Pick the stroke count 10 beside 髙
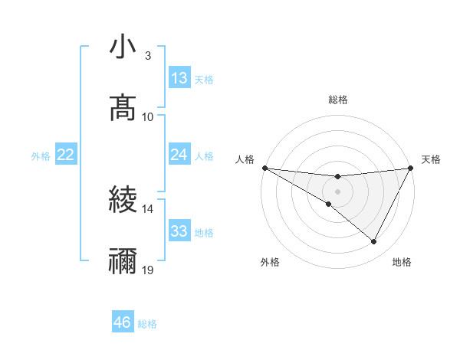pyautogui.click(x=148, y=116)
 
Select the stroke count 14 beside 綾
pyautogui.click(x=148, y=208)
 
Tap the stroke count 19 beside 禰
pyautogui.click(x=148, y=270)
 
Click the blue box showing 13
pyautogui.click(x=179, y=78)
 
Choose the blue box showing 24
pyautogui.click(x=179, y=155)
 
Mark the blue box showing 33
pyautogui.click(x=179, y=231)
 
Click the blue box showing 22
pyautogui.click(x=66, y=155)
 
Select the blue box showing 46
pyautogui.click(x=123, y=322)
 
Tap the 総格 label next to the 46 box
pyautogui.click(x=147, y=324)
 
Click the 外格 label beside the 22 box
pyautogui.click(x=41, y=156)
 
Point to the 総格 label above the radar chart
pyautogui.click(x=337, y=100)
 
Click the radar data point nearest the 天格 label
pyautogui.click(x=410, y=168)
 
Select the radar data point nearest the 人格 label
pyautogui.click(x=264, y=168)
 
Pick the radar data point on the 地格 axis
pyautogui.click(x=374, y=242)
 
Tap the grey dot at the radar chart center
pyautogui.click(x=337, y=191)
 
